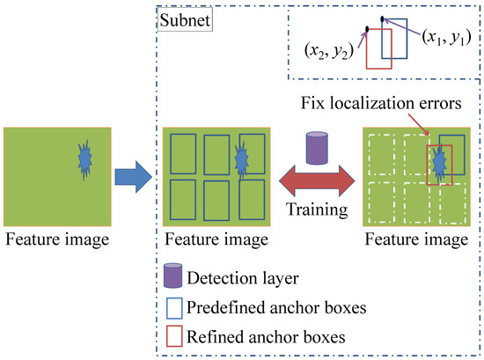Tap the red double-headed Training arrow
[314, 187]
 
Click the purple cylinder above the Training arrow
[315, 147]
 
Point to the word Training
[315, 212]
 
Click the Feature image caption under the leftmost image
[57, 238]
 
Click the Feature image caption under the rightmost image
[415, 238]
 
